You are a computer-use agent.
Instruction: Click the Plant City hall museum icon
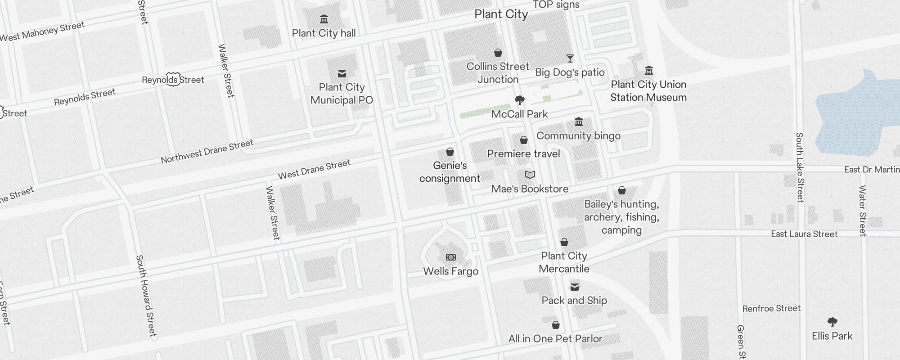pos(324,19)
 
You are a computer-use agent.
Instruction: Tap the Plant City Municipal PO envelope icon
pos(342,74)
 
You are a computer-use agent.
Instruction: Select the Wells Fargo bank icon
pos(450,257)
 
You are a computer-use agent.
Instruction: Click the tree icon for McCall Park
pos(520,100)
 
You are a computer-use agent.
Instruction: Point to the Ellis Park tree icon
pos(832,322)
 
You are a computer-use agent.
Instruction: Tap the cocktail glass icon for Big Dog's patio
pos(570,58)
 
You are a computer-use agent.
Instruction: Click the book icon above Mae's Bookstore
pos(530,175)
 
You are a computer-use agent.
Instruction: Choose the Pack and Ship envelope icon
pos(575,287)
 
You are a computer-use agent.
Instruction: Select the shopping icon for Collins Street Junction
pos(498,53)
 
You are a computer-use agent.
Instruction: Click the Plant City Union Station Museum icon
pos(649,71)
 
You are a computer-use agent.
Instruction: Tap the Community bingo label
pos(578,136)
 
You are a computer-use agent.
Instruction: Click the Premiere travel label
pos(523,154)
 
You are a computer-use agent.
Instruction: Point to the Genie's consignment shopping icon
pos(450,152)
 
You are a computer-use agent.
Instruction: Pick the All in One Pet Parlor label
pos(555,339)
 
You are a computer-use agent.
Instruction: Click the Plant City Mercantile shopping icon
pos(564,243)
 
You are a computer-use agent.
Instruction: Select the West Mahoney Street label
pos(42,31)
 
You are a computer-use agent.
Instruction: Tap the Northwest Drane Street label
pos(207,152)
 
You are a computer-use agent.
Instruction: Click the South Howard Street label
pos(146,296)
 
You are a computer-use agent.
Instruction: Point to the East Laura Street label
pos(804,234)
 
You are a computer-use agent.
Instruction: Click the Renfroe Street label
pos(771,309)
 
